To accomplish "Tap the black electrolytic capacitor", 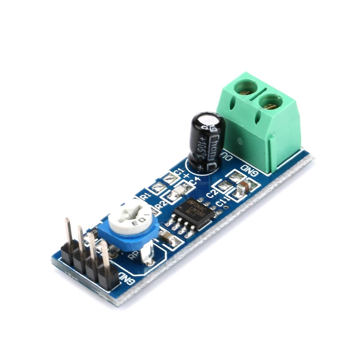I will [x=205, y=142].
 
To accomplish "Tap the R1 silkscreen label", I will [x=145, y=197].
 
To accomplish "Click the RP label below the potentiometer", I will [x=133, y=255].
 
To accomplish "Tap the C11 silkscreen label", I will [x=221, y=203].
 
